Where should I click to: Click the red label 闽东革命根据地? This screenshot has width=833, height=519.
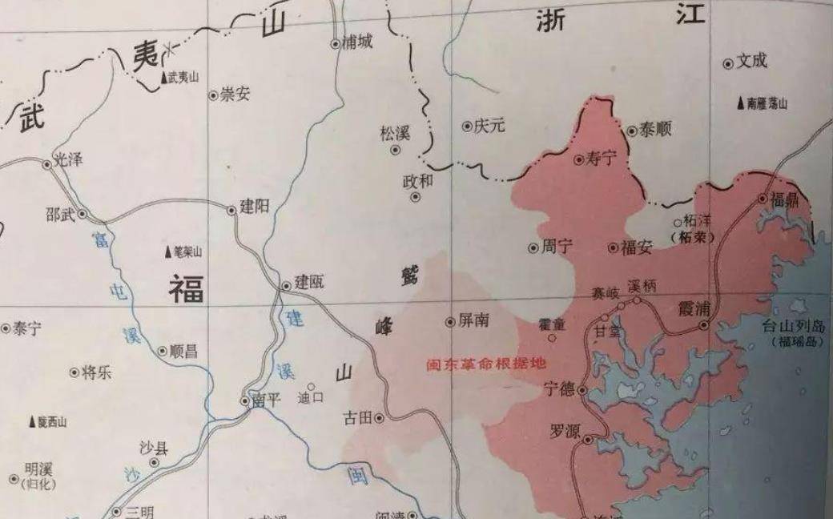pyautogui.click(x=485, y=363)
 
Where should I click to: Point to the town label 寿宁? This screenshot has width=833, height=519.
pyautogui.click(x=602, y=159)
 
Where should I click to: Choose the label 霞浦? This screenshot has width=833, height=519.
pyautogui.click(x=694, y=307)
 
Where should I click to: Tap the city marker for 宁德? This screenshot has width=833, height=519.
pyautogui.click(x=582, y=389)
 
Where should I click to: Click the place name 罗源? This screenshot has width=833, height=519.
pyautogui.click(x=563, y=429)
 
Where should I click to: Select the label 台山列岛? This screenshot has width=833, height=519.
pyautogui.click(x=793, y=327)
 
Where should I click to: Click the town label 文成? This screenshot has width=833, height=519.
pyautogui.click(x=752, y=61)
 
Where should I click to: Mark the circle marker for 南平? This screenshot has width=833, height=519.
pyautogui.click(x=246, y=400)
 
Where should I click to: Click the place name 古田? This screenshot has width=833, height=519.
pyautogui.click(x=357, y=417)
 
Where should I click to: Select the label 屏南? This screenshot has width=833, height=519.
pyautogui.click(x=473, y=320)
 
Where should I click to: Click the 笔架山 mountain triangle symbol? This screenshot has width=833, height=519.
pyautogui.click(x=168, y=251)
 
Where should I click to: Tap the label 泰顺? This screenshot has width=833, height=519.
pyautogui.click(x=655, y=131)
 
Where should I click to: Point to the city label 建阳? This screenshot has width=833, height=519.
pyautogui.click(x=255, y=207)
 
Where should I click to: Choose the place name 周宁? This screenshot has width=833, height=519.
pyautogui.click(x=557, y=247)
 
